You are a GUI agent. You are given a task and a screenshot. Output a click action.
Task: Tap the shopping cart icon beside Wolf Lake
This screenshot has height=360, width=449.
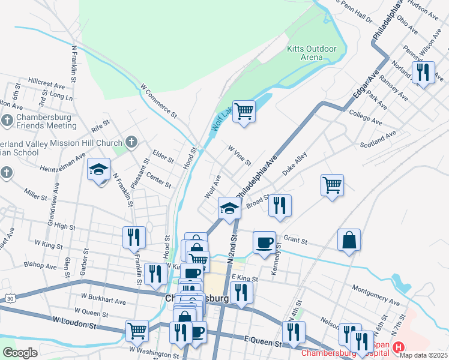(244, 111)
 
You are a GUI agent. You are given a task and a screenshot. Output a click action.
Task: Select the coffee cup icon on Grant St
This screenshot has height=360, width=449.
(264, 243)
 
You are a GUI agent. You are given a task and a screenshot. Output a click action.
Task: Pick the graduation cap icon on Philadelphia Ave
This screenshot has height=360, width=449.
(229, 208)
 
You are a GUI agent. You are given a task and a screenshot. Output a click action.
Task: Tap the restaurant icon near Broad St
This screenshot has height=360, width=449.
(280, 206)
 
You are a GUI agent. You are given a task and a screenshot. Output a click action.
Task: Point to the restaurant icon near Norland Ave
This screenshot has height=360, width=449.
(423, 73)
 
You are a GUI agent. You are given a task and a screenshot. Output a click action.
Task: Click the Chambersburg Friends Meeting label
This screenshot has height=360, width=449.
(46, 121)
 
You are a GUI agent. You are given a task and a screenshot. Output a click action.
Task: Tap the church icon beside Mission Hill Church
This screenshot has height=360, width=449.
(132, 142)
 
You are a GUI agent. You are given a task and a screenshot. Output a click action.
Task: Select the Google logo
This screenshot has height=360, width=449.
(20, 352)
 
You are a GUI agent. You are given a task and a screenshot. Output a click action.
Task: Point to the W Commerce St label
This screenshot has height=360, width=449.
(160, 100)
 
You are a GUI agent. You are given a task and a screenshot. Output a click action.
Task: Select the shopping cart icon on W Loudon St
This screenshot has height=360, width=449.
(137, 329)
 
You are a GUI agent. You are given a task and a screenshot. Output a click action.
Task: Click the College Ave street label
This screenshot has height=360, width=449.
(364, 117)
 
